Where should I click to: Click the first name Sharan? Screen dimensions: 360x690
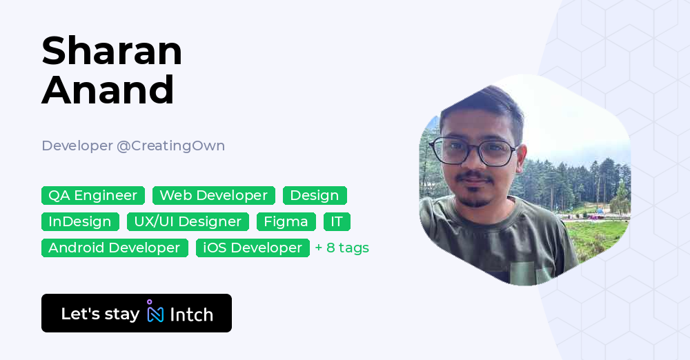pos(112,51)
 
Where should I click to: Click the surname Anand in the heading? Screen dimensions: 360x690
pos(108,90)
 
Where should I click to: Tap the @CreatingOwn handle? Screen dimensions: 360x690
pos(170,146)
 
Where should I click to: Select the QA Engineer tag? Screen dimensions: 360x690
pos(93,196)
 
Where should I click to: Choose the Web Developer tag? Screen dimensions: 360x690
pos(214,196)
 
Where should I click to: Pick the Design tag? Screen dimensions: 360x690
pos(315,196)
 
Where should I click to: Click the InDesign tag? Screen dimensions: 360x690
pos(80,222)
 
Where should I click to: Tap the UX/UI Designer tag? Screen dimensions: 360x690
pos(188,222)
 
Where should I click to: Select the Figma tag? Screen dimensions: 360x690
pos(286,222)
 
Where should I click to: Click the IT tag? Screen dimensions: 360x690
pos(337,222)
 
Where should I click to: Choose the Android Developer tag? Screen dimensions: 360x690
pos(115,248)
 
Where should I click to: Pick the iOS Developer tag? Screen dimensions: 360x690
pos(253,248)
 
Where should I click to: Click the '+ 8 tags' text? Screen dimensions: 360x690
pos(342,248)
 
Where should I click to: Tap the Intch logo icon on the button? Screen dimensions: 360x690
pos(155,312)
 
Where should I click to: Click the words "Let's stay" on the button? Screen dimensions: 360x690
pos(100,314)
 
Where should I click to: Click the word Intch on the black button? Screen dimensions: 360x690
pos(191,314)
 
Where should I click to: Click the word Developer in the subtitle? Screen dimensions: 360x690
pos(77,146)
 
